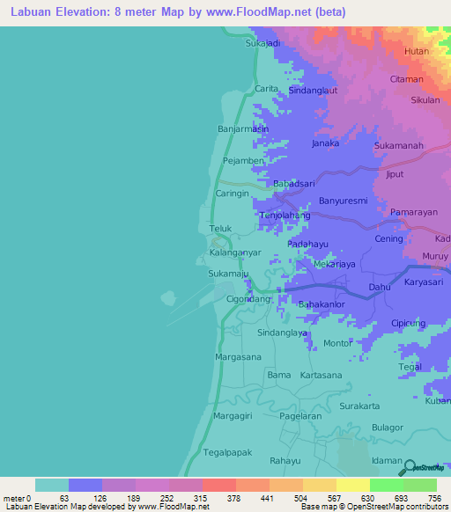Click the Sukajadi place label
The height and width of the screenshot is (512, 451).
click(x=262, y=42)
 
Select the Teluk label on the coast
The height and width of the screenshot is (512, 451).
click(x=219, y=229)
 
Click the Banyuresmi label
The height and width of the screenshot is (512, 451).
click(x=343, y=201)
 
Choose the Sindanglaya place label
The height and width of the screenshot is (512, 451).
click(x=282, y=333)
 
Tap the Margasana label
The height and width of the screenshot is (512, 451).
click(x=239, y=357)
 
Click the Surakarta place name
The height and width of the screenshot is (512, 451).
click(x=359, y=406)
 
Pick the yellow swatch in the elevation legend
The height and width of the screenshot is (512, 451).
click(x=352, y=485)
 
